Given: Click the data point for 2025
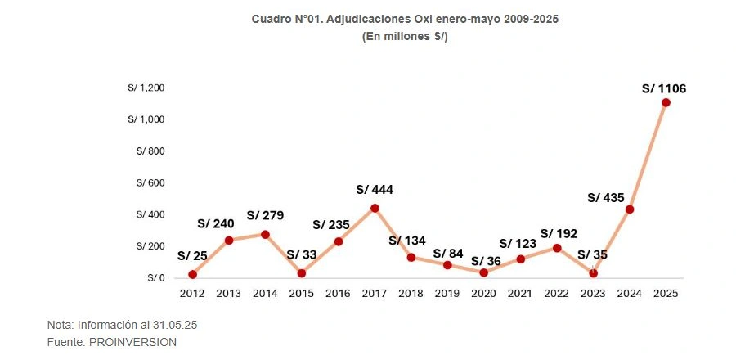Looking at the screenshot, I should (666, 102).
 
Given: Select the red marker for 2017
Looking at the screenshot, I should (375, 208).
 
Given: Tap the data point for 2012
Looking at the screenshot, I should (192, 274).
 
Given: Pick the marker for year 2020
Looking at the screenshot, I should (483, 272).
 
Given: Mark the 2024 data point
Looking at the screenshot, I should (630, 209).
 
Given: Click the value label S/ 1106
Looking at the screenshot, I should (663, 88).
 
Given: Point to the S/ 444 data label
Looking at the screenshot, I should (375, 190).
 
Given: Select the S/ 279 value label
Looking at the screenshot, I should (264, 215).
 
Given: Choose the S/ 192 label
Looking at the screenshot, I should (559, 233).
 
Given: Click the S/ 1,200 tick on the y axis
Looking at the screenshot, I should (146, 88).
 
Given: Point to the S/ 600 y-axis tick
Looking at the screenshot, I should (150, 183).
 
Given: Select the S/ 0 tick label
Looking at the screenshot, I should (156, 278).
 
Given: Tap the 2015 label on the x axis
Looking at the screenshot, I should (301, 293).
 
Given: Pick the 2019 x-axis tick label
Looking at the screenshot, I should (447, 293).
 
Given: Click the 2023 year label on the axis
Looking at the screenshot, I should (593, 293).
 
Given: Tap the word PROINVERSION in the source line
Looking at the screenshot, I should (132, 342).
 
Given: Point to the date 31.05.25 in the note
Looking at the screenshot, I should (177, 325).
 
